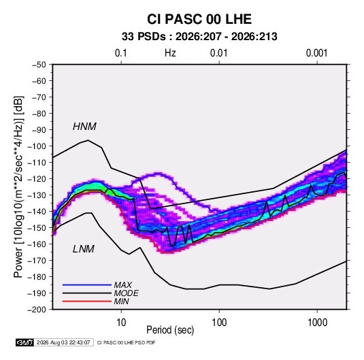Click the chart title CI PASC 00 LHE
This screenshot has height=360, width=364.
point(199,19)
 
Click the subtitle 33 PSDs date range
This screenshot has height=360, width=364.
point(199,37)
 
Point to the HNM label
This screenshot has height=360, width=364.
point(84,127)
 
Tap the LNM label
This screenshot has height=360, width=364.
point(84,249)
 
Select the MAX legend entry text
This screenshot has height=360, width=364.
point(122,284)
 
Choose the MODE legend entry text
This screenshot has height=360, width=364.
point(127,293)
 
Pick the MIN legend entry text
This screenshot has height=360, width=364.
point(121,301)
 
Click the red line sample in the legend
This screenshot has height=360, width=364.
point(87,301)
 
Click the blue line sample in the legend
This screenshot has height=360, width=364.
point(87,284)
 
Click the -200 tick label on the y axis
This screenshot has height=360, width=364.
point(37,310)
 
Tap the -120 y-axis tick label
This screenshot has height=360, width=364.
point(37,179)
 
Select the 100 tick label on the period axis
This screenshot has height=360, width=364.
point(219,323)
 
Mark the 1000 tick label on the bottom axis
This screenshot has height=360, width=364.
point(317,323)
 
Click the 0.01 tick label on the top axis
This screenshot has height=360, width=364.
point(218,53)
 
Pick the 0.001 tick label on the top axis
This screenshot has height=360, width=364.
point(316,53)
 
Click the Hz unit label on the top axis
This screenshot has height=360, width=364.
point(170,53)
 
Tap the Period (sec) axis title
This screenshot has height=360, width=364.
point(170,330)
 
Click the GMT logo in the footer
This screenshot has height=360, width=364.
point(24,342)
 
